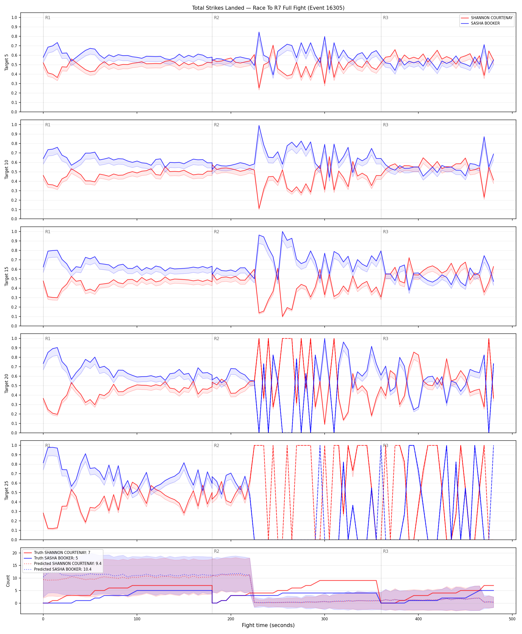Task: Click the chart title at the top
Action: pos(268,8)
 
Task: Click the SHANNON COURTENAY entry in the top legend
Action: pos(492,18)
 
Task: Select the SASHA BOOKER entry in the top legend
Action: pos(485,23)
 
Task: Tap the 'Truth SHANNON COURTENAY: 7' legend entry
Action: pos(62,552)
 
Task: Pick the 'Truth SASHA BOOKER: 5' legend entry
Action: pos(56,558)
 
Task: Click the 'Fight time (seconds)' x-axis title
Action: pos(268,625)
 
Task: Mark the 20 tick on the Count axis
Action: pos(14,553)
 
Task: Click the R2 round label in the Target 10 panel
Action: pos(217,125)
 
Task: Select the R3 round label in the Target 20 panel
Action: pos(386,339)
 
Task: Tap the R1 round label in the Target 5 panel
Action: pos(48,18)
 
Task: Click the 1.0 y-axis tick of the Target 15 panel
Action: pos(14,231)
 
